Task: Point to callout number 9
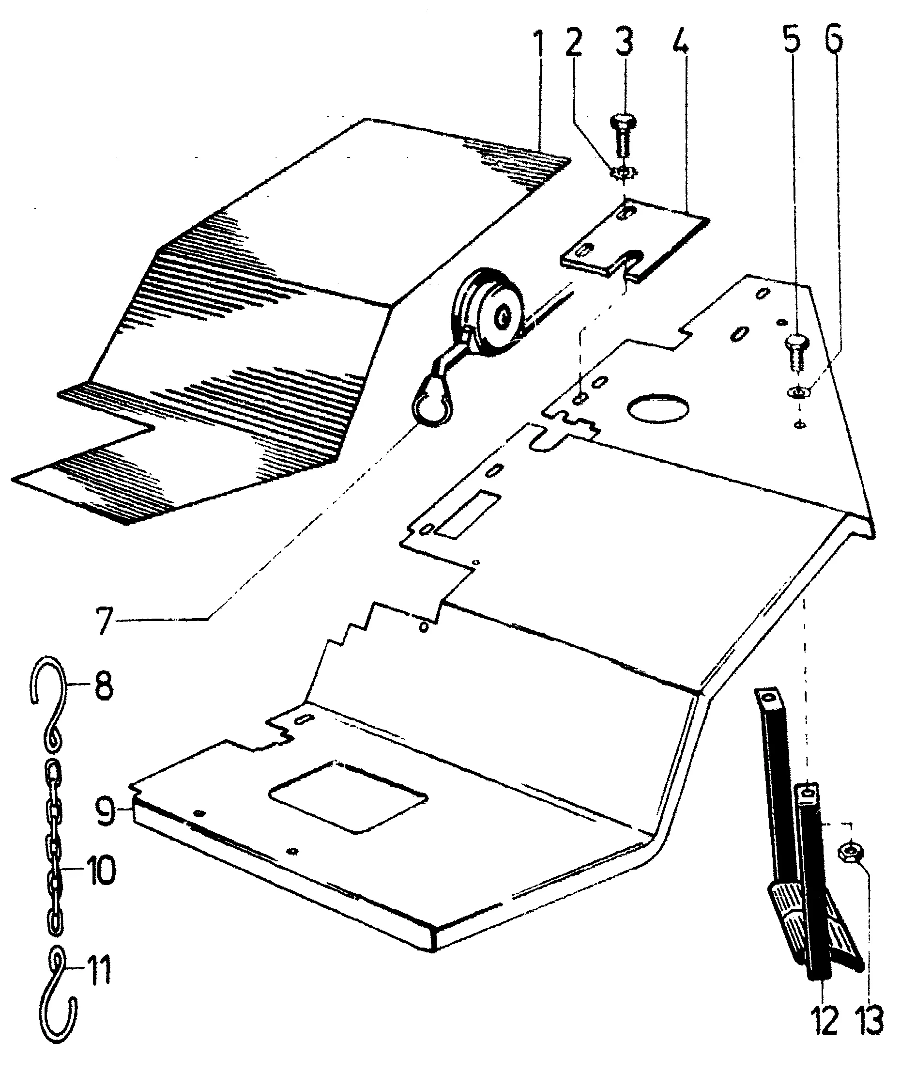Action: pos(105,811)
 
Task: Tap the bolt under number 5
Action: pos(797,353)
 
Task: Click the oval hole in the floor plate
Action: pos(658,408)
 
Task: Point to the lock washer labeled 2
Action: pos(625,172)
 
